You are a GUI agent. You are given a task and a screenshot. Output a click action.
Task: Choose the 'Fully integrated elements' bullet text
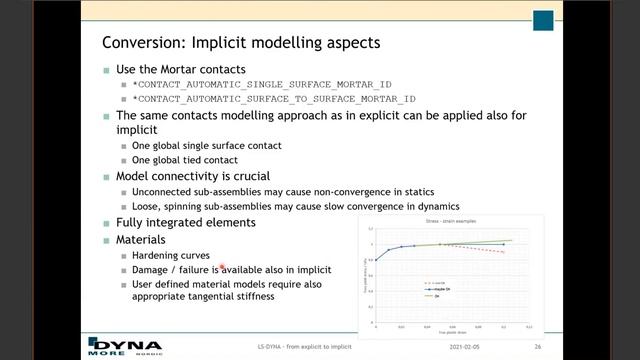[x=184, y=222]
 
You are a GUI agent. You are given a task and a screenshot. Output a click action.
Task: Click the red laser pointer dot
[x=222, y=268]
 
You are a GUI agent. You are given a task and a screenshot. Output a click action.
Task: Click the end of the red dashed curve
[x=503, y=251]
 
